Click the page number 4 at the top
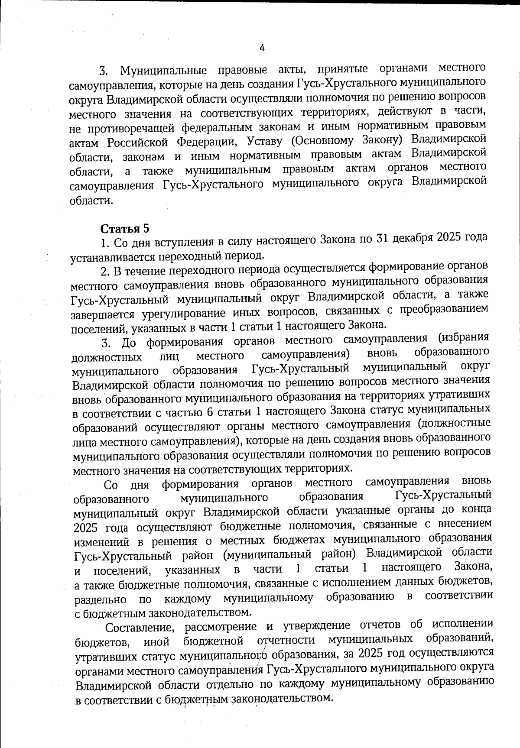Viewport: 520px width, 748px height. point(261,48)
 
